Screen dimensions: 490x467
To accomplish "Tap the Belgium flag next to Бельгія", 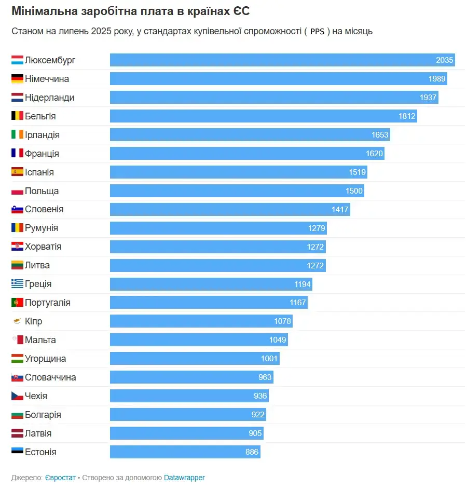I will [x=17, y=116].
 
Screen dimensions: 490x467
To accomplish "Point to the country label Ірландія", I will [x=42, y=135].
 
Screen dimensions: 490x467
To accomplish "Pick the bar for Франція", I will [x=247, y=154].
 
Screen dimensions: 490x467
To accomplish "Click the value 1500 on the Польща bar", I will [x=354, y=191].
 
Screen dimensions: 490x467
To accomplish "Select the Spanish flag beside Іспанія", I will [x=17, y=172].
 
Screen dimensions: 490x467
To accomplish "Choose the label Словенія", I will [x=44, y=209].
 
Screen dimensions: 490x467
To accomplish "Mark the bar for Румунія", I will [x=218, y=228].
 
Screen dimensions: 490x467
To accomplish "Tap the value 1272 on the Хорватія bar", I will [x=315, y=247].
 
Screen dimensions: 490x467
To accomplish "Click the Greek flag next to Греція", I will [x=17, y=284].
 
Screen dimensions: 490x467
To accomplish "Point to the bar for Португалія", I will [x=209, y=303].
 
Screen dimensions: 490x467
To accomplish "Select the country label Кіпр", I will [x=34, y=321].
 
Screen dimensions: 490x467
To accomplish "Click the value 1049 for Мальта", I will [x=278, y=340].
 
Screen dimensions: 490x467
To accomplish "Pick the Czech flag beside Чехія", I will [x=17, y=396].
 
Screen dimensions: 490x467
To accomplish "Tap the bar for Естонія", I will [x=185, y=452].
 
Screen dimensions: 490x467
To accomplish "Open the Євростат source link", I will [x=60, y=478].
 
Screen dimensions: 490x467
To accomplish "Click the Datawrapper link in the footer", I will [x=184, y=478].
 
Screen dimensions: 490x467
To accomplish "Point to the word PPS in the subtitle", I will [x=317, y=32].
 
